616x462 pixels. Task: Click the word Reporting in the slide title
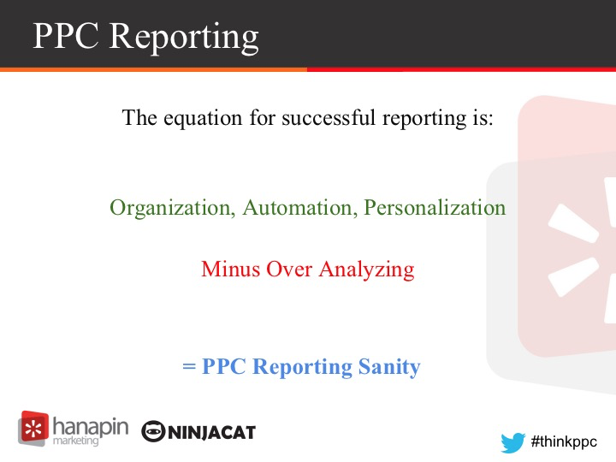[183, 37]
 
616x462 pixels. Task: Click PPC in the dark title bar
[66, 35]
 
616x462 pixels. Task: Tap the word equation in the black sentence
[203, 118]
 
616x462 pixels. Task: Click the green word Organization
[172, 208]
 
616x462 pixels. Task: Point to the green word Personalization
[435, 207]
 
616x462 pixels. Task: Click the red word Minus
[231, 269]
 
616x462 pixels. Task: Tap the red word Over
[289, 269]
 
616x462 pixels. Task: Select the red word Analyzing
[366, 270]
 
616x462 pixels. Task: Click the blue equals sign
[189, 367]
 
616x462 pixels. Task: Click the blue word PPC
[224, 366]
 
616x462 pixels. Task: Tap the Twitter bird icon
[512, 442]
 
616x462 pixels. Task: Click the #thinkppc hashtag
[564, 442]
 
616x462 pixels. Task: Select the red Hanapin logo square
[33, 428]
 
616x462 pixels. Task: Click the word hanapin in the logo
[91, 427]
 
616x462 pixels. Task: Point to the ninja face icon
[153, 432]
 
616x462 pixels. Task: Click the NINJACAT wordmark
[212, 433]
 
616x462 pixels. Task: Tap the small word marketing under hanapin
[76, 441]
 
